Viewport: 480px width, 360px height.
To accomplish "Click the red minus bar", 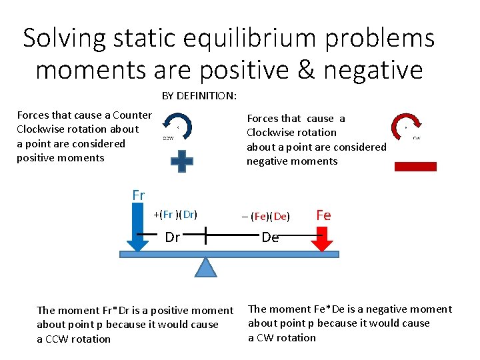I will [415, 167].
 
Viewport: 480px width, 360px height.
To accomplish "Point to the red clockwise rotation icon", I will [406, 126].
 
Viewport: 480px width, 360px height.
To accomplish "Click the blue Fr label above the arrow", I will [138, 195].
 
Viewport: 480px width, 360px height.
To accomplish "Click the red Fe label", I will [323, 215].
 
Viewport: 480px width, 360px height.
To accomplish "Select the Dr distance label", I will [172, 237].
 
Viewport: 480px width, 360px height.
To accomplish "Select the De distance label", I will [270, 237].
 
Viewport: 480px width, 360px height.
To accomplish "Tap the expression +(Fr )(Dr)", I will [175, 215].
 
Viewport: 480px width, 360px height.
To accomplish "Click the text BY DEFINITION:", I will [199, 95].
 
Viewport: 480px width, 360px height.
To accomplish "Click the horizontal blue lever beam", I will [229, 254].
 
